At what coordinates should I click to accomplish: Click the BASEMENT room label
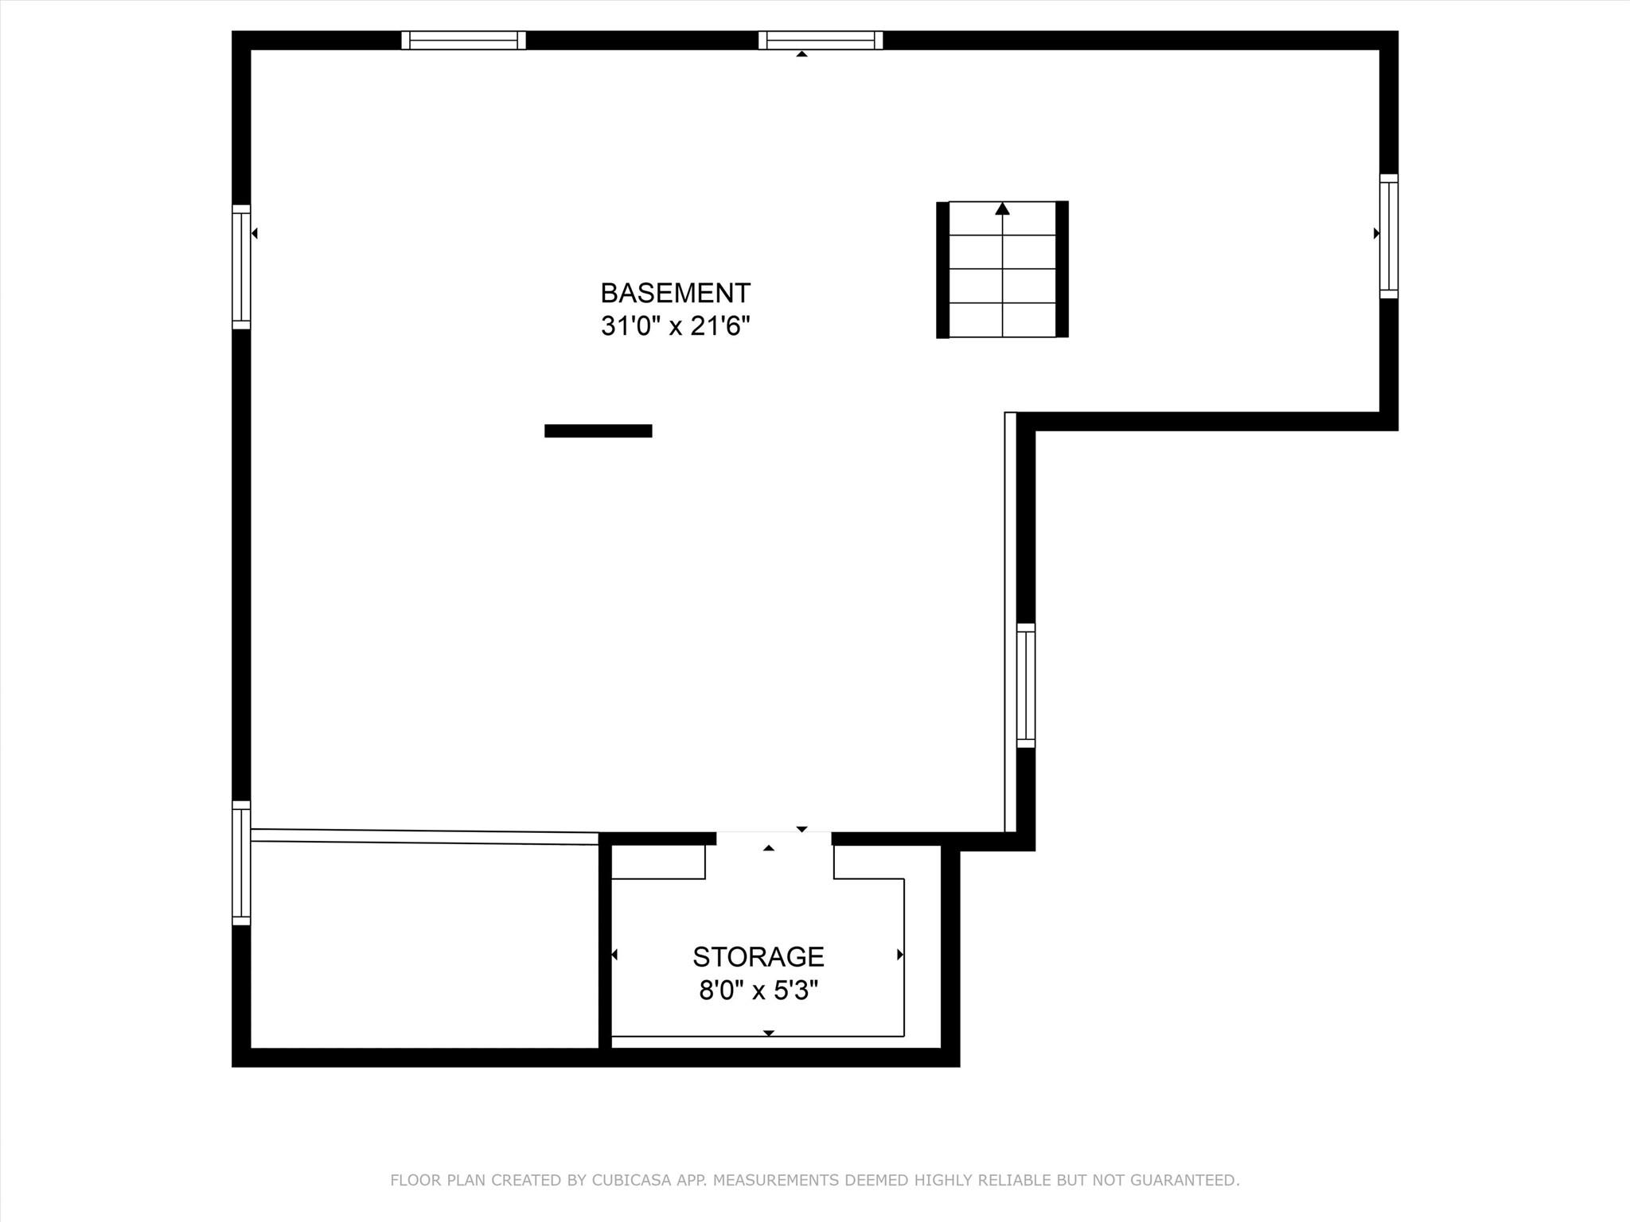(675, 293)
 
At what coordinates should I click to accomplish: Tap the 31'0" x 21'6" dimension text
(675, 326)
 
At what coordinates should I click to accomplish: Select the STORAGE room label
(758, 956)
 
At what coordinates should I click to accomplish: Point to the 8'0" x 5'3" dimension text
(758, 990)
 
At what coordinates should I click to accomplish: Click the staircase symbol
(1002, 270)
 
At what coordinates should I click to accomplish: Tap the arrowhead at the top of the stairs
(1002, 208)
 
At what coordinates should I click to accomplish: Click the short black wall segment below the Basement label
(599, 431)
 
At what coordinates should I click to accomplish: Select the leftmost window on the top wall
(463, 40)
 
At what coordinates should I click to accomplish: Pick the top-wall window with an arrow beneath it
(821, 40)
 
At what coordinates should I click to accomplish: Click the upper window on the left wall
(241, 267)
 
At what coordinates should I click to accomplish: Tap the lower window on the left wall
(241, 863)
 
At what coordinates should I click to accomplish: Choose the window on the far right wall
(1389, 236)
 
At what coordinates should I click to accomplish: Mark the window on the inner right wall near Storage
(1026, 686)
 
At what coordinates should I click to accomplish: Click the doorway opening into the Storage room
(774, 839)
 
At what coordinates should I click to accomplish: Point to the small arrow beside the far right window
(1376, 233)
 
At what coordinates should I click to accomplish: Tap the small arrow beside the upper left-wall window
(254, 233)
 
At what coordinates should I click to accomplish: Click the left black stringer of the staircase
(942, 270)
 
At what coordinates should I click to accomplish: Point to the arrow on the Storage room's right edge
(900, 954)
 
